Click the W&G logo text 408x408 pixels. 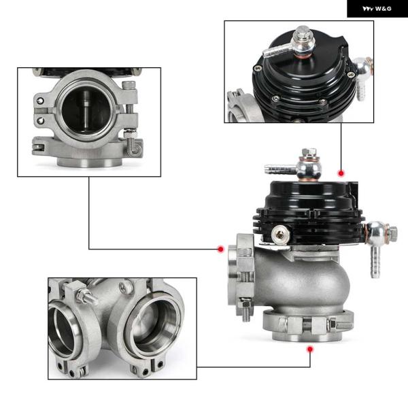[x=377, y=9]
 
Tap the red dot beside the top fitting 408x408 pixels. [x=341, y=173]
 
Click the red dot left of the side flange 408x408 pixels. [x=221, y=250]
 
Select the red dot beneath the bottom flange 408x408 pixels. [x=310, y=350]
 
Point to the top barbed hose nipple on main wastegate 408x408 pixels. [x=280, y=169]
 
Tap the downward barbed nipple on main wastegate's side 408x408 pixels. [x=375, y=262]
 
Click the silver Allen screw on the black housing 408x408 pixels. [x=280, y=235]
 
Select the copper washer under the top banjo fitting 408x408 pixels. [x=309, y=179]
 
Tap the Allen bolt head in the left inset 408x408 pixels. [x=129, y=84]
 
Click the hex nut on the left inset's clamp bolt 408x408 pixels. [x=131, y=134]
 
